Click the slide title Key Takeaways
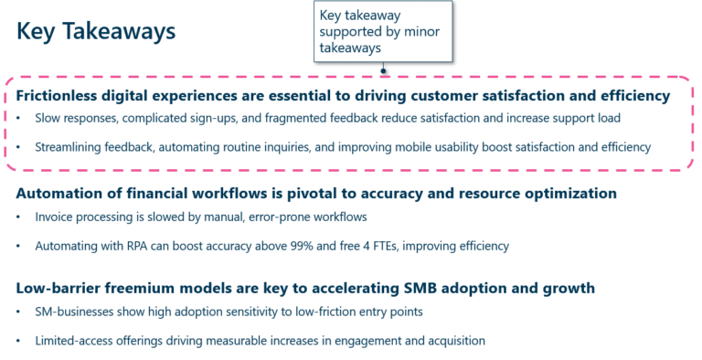pyautogui.click(x=96, y=31)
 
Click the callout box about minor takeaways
pyautogui.click(x=382, y=32)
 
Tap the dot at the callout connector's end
pyautogui.click(x=384, y=69)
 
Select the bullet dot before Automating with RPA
pyautogui.click(x=19, y=246)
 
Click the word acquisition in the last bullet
pyautogui.click(x=452, y=341)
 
